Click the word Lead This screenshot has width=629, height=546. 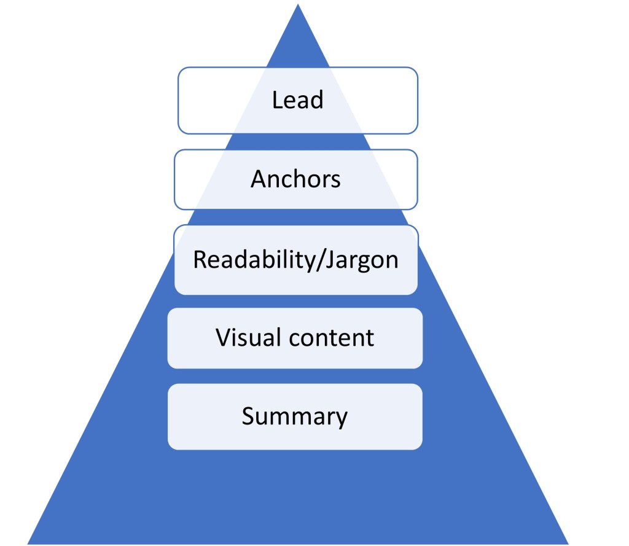297,100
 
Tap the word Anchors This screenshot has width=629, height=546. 295,179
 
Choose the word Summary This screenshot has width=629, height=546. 294,416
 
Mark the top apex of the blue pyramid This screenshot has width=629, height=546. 298,6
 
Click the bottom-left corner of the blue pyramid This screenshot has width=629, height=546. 29,543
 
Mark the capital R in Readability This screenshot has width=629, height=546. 200,260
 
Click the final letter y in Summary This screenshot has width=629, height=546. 341,419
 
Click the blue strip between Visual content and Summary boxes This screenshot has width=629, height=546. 295,376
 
